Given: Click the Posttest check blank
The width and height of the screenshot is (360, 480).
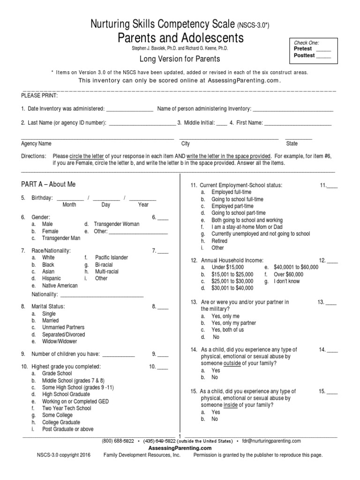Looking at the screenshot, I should tap(323, 56).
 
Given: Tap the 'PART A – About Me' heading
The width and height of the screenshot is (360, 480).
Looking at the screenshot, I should tap(48, 185).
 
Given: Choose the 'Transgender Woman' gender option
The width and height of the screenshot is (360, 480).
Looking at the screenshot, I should tap(116, 224).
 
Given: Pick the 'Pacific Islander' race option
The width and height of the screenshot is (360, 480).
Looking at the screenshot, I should tap(111, 257).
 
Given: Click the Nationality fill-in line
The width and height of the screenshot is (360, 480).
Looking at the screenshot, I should tap(102, 295).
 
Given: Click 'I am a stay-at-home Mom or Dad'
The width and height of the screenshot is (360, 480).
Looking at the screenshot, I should tap(247, 227).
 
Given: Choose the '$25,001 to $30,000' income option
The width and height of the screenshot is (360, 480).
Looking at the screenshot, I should tap(232, 281).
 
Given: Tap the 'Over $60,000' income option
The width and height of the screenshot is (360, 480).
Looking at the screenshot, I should tap(288, 274).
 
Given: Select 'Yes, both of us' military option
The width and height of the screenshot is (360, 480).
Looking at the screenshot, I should tap(227, 330).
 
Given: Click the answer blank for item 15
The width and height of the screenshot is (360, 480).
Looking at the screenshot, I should tap(331, 392).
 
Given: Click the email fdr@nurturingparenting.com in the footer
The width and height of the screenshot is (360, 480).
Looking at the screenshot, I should tap(271, 441).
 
